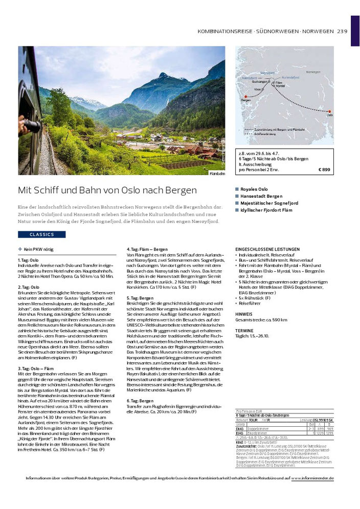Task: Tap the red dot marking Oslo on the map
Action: pos(329,111)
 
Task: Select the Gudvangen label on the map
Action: pos(261,81)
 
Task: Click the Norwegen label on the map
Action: pos(313,72)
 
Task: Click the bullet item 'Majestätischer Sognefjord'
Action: pos(269,203)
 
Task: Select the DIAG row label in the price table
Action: pos(239,429)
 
